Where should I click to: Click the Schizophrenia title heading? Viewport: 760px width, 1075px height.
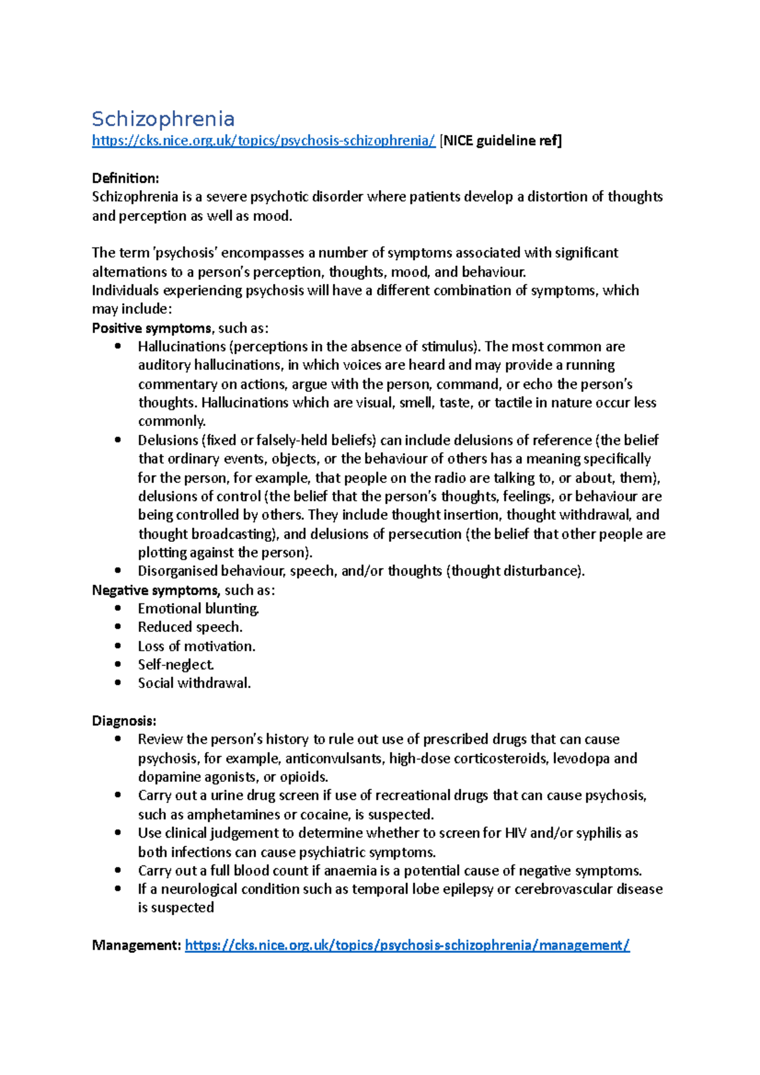pos(163,119)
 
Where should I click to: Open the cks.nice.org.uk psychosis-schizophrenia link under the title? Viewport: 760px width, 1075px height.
pos(263,141)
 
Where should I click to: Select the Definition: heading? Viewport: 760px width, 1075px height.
pos(125,178)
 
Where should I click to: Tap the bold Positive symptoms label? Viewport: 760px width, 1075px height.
pos(151,328)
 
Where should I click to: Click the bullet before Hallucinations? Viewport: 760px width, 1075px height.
pos(118,346)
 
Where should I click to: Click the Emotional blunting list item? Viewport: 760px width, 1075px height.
pos(198,608)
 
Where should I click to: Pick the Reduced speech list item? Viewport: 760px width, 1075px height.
pos(190,627)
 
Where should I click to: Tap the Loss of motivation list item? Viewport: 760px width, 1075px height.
pos(196,646)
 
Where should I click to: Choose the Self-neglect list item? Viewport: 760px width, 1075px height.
pos(175,665)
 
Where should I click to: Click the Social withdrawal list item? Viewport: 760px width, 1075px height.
pos(194,683)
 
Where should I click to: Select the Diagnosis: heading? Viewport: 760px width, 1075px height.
pos(123,720)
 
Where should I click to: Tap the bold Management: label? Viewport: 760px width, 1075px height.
pos(136,945)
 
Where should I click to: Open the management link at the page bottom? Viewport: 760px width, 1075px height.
pos(407,945)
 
